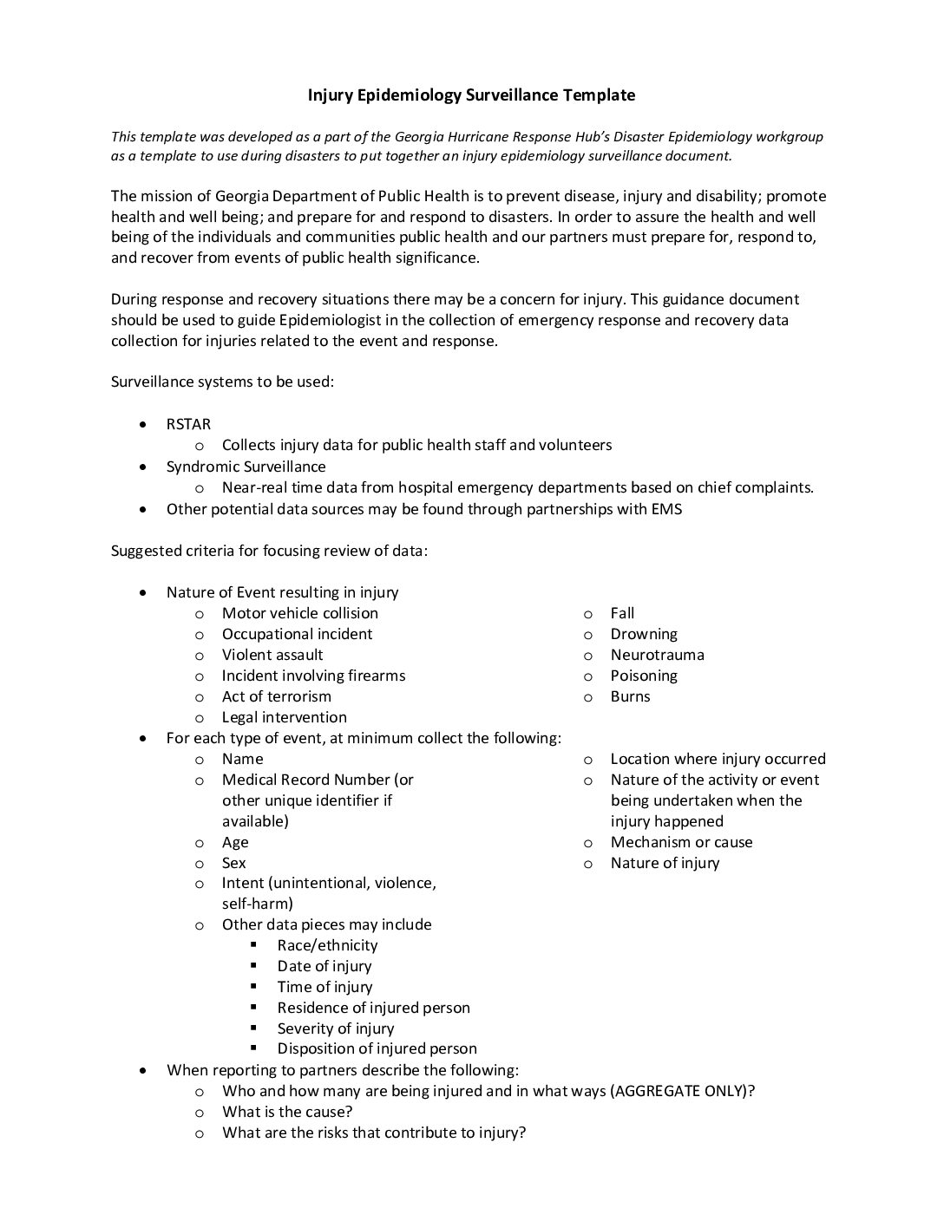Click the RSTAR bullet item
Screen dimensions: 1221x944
[x=188, y=424]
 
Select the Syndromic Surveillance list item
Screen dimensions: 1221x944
[x=246, y=467]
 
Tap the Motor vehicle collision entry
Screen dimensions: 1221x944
[x=299, y=613]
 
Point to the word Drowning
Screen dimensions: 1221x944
[x=643, y=634]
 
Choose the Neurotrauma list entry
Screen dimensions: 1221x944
[x=657, y=655]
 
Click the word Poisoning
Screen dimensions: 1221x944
[x=643, y=676]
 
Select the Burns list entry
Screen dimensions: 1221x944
[x=630, y=696]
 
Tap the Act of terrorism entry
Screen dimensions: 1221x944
[x=276, y=696]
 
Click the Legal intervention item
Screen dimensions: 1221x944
[x=284, y=717]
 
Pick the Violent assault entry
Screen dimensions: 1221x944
[x=272, y=655]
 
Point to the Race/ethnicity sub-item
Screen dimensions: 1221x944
[x=327, y=945]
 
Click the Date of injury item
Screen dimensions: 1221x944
[x=324, y=966]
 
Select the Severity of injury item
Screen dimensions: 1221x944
[x=335, y=1028]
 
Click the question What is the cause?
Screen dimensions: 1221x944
[x=286, y=1112]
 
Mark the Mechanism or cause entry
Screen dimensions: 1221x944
[x=681, y=842]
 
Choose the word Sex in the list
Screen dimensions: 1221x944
[x=233, y=863]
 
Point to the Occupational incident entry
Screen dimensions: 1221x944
[x=297, y=634]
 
